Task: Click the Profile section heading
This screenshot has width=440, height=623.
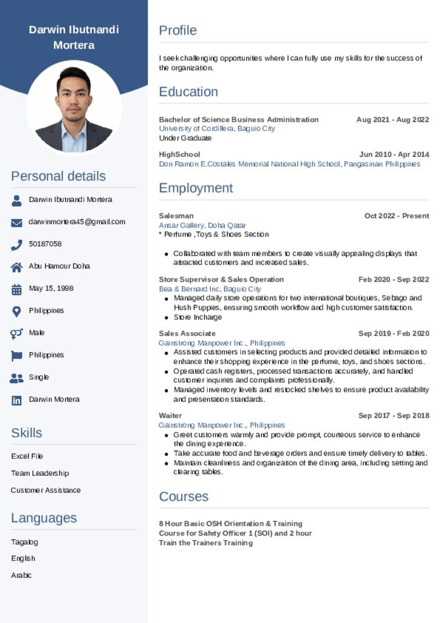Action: pyautogui.click(x=177, y=30)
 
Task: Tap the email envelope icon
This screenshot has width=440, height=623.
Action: pyautogui.click(x=16, y=223)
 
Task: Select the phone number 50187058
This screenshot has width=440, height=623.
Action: pyautogui.click(x=45, y=244)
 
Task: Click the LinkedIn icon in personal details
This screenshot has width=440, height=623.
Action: pyautogui.click(x=16, y=400)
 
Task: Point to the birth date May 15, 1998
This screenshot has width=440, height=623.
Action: pyautogui.click(x=51, y=288)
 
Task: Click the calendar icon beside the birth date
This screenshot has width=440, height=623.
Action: pyautogui.click(x=16, y=290)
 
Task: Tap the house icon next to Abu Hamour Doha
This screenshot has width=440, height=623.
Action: pyautogui.click(x=16, y=267)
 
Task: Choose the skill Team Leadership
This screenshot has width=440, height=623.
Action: pyautogui.click(x=40, y=473)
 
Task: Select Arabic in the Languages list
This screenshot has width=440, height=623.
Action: pyautogui.click(x=21, y=575)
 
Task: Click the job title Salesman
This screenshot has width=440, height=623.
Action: pyautogui.click(x=176, y=216)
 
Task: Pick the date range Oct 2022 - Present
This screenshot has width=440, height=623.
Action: pyautogui.click(x=396, y=216)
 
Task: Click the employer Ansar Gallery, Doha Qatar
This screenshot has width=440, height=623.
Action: pyautogui.click(x=202, y=225)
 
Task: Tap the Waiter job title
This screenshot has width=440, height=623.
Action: pyautogui.click(x=170, y=416)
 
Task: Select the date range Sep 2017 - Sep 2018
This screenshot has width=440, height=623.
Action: pyautogui.click(x=393, y=416)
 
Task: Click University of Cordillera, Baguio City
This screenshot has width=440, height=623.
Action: pyautogui.click(x=217, y=129)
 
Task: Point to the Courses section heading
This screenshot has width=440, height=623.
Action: pyautogui.click(x=184, y=496)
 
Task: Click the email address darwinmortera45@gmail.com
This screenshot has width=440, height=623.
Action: pyautogui.click(x=77, y=222)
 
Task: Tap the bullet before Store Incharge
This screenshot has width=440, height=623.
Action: pyautogui.click(x=167, y=318)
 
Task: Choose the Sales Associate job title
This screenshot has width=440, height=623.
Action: pyautogui.click(x=187, y=333)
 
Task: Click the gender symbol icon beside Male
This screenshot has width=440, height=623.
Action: pyautogui.click(x=16, y=333)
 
